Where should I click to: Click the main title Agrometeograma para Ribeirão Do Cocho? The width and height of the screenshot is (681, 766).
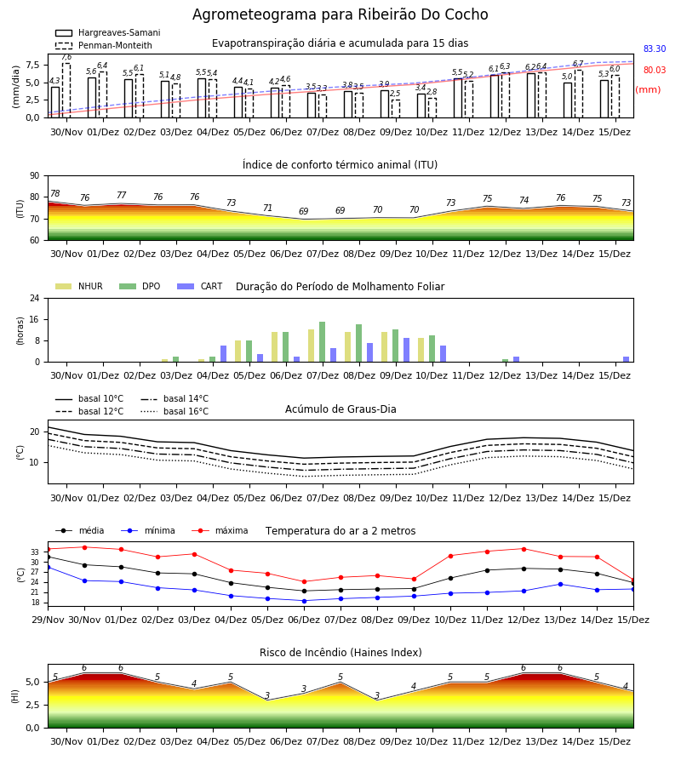(340, 14)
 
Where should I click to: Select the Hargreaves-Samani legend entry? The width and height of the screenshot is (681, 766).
(108, 32)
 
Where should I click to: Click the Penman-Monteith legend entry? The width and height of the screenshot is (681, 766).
(104, 45)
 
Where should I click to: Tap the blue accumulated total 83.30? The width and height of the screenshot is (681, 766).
(655, 49)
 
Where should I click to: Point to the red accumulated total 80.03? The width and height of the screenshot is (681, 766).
(655, 70)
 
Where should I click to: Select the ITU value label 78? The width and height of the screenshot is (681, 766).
(54, 193)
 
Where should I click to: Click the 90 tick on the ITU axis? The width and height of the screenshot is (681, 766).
(35, 176)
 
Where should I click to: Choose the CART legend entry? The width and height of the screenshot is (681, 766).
(200, 286)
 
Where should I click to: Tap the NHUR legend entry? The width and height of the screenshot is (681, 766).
(79, 286)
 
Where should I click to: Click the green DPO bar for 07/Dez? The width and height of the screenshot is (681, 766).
(322, 342)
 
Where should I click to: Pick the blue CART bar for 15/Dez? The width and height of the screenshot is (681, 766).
(627, 359)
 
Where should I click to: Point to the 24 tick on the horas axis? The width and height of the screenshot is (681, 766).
(35, 298)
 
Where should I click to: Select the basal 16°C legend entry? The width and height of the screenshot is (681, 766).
(175, 411)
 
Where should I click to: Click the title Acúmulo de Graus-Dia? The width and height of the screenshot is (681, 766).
(340, 409)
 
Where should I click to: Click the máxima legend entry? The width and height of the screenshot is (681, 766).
(220, 530)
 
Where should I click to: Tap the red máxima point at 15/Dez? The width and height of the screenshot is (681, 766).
(633, 580)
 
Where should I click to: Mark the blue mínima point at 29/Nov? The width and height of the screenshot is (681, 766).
(48, 567)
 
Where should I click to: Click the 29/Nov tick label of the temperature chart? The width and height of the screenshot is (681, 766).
(48, 620)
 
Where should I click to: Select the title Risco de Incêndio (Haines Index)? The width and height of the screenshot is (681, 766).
(340, 653)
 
